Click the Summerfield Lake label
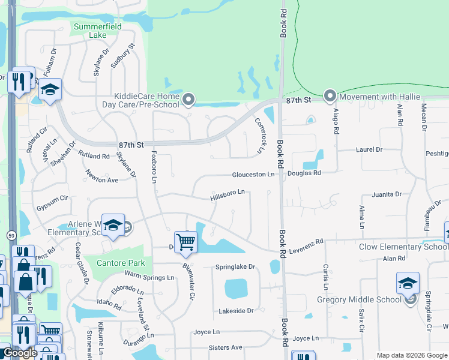tap(97, 31)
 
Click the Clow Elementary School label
tap(403, 247)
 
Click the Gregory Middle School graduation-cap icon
tap(408, 283)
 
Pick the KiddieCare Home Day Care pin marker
tap(189, 100)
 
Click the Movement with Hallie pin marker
tap(330, 96)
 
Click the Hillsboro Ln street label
tap(228, 194)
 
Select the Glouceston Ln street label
tap(253, 174)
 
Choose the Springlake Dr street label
tap(235, 266)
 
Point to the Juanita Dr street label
tap(387, 194)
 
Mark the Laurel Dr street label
tap(369, 149)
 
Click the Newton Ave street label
tap(101, 179)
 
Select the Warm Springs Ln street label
tap(149, 277)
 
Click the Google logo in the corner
tap(19, 353)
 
